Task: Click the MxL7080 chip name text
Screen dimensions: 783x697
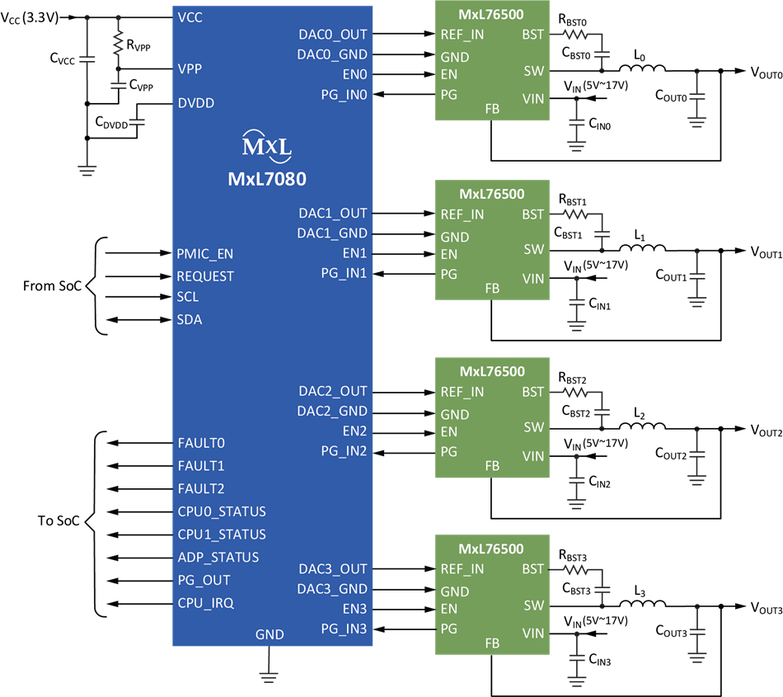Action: click(267, 179)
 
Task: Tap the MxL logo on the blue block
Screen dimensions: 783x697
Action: click(267, 146)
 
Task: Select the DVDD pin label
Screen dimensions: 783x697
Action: click(196, 103)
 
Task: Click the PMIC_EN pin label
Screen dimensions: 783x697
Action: click(204, 254)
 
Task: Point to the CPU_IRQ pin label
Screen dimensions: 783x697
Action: click(206, 603)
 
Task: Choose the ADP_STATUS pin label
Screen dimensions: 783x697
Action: click(218, 557)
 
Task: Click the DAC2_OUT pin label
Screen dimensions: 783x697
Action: click(333, 391)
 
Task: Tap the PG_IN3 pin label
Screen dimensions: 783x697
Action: click(344, 629)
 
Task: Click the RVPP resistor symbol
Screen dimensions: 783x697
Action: click(119, 43)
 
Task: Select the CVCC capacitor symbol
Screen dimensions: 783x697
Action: click(87, 59)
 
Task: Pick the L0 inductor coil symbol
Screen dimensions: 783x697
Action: click(642, 68)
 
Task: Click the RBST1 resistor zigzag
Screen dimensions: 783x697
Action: click(575, 214)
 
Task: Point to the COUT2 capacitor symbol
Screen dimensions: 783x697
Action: click(696, 454)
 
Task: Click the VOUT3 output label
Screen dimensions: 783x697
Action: click(767, 608)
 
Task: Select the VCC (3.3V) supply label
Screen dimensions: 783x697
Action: click(30, 18)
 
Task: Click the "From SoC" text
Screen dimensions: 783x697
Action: click(52, 285)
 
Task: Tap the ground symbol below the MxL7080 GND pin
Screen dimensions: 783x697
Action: click(269, 677)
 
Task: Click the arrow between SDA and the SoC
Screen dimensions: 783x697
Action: click(138, 320)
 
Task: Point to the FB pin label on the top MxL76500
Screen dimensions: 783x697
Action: click(492, 109)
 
